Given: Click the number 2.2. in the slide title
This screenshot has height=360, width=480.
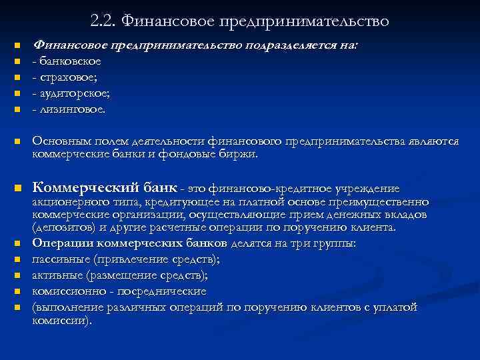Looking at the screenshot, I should [103, 21].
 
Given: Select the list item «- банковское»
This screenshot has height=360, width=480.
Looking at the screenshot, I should [67, 61].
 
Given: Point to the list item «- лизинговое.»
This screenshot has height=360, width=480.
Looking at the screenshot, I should [69, 109].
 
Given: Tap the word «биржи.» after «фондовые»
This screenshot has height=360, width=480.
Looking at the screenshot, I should [237, 154].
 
